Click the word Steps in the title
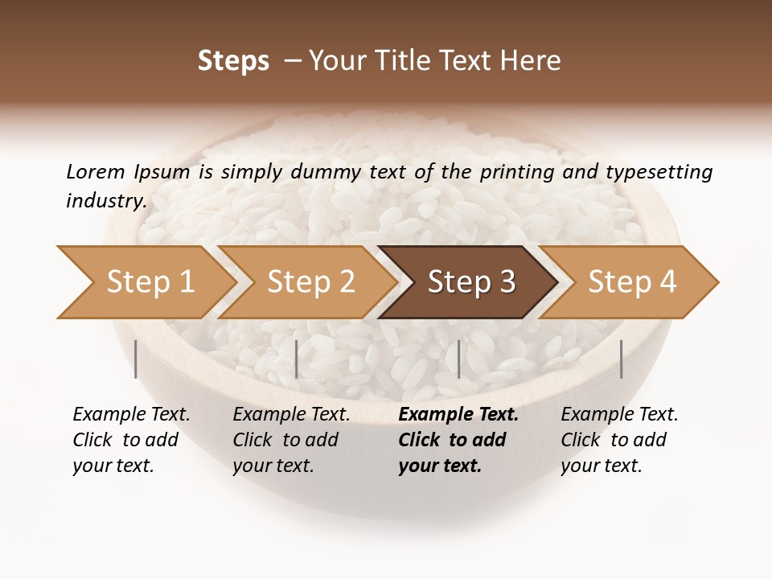tap(233, 61)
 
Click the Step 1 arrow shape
tap(145, 282)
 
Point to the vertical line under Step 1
tap(136, 359)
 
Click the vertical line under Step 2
tap(297, 359)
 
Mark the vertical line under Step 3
tap(458, 359)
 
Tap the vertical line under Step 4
tap(621, 359)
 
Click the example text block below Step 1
tap(131, 440)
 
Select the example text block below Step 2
tap(291, 440)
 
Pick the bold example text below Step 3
tap(458, 440)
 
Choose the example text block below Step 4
tap(619, 440)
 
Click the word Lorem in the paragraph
tap(96, 171)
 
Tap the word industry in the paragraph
tap(105, 201)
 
